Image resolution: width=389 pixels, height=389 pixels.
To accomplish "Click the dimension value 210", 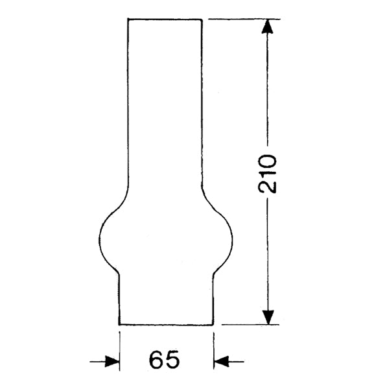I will point(267,174).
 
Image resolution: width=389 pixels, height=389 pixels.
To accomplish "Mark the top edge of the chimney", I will point(165,19).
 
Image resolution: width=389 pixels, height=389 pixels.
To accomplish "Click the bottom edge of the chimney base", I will point(166,324).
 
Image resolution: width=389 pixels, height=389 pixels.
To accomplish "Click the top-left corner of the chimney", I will point(128,19).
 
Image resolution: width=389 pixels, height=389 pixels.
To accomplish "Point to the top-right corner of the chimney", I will point(203,19).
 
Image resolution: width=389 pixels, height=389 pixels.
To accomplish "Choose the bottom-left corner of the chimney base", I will point(120,324).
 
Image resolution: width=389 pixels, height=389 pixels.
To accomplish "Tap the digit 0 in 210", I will point(267,161).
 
